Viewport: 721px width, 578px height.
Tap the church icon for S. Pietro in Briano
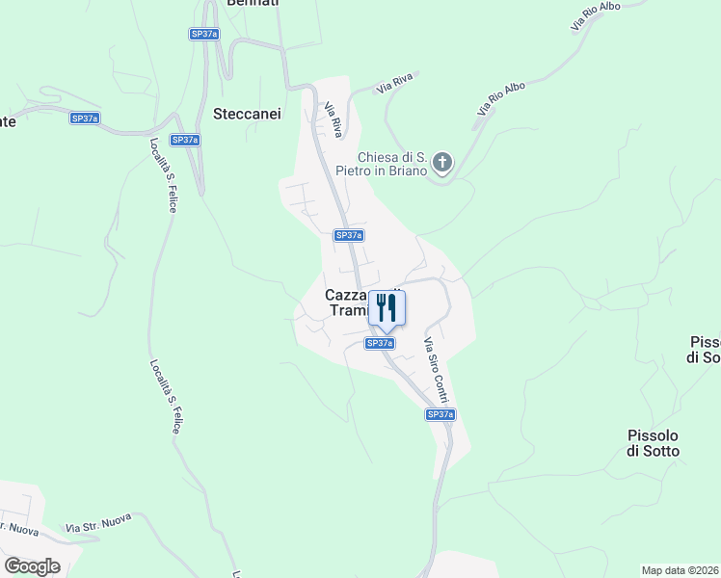coord(442,162)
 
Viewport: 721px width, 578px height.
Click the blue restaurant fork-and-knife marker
coord(387,307)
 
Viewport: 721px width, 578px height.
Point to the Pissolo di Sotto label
coord(653,443)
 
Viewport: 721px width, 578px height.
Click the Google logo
coord(32,565)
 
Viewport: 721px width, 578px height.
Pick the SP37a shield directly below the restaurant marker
coord(380,343)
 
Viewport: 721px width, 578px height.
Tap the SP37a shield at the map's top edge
coord(204,34)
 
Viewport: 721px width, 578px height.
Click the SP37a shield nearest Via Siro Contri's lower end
coord(440,414)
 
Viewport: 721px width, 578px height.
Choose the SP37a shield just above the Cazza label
coord(348,235)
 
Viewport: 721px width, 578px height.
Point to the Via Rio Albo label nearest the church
coord(500,99)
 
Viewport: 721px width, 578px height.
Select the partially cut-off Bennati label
coord(253,4)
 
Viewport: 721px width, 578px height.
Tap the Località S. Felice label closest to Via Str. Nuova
coord(164,396)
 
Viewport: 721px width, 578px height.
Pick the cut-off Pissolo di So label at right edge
coord(705,350)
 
